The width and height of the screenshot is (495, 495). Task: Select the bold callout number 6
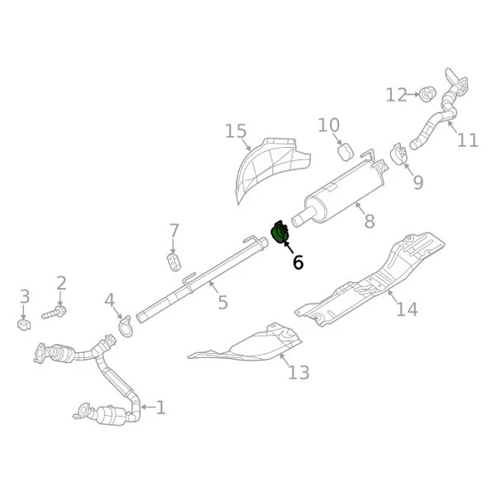(x=298, y=262)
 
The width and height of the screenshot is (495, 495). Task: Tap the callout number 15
(x=236, y=131)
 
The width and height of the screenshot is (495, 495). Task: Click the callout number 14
(x=406, y=309)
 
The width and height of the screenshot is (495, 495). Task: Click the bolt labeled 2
(x=58, y=313)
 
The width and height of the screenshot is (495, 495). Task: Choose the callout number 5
(x=223, y=303)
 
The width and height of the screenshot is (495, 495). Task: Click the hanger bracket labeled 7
(x=173, y=262)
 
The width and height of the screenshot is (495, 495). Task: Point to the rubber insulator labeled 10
(x=346, y=151)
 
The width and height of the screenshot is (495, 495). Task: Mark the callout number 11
(x=467, y=140)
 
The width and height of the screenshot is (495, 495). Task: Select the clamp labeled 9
(x=398, y=154)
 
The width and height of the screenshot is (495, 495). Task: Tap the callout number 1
(x=161, y=407)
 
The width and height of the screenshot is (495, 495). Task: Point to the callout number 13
(x=299, y=372)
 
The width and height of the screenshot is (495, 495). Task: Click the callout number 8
(x=369, y=221)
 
